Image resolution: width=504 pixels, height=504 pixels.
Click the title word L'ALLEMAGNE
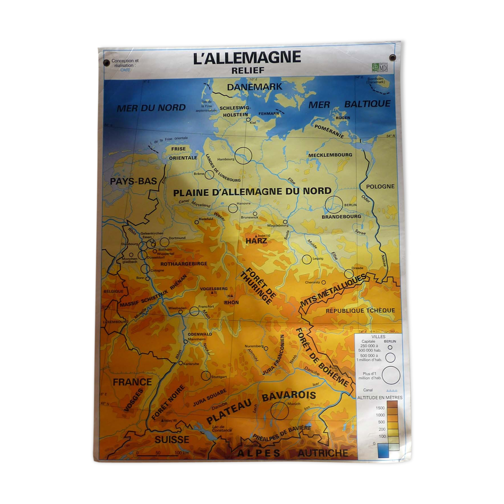[247, 58]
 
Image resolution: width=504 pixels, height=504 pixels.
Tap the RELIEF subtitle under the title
[248, 71]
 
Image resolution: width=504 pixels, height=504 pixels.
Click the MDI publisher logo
[380, 67]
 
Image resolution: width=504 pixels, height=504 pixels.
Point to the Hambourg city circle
[243, 155]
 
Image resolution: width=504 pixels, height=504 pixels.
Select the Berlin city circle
[334, 204]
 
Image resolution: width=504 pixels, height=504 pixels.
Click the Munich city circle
[280, 411]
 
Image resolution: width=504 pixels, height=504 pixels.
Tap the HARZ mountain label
[256, 241]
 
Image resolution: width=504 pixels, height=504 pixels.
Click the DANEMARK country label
[255, 87]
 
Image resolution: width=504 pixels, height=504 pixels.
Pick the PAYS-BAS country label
[133, 181]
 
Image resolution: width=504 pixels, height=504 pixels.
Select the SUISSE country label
[172, 440]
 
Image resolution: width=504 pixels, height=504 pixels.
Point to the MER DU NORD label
[151, 108]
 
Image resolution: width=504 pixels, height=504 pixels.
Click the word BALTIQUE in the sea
[367, 104]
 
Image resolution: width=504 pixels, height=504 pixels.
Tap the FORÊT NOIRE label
[168, 402]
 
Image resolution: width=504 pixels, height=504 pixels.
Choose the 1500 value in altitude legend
[380, 408]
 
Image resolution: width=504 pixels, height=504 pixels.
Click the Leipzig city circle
[306, 259]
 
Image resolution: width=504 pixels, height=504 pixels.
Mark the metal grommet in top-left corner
[107, 63]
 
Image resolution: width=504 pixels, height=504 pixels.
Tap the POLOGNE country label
[380, 186]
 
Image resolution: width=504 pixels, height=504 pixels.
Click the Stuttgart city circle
[206, 375]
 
